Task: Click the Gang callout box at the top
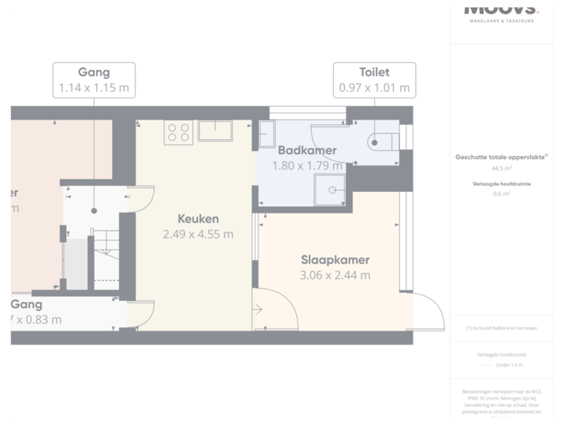point(94,79)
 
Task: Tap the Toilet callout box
point(374,79)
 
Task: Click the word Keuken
point(198,219)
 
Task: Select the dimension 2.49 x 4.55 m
point(198,234)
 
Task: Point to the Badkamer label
point(307,150)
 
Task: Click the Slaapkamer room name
point(335,260)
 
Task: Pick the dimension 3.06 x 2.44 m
point(335,275)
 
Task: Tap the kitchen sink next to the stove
point(214,131)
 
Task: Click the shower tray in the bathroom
point(330,189)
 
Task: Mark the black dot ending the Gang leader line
point(94,211)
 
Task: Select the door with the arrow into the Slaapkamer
point(272,311)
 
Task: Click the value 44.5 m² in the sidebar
point(502,168)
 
